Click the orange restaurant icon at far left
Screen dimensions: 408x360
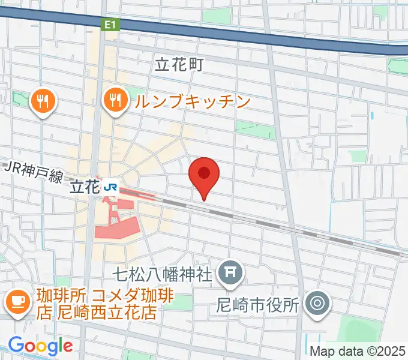tap(43, 101)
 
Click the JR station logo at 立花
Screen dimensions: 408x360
tap(110, 187)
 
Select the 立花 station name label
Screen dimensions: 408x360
tap(84, 187)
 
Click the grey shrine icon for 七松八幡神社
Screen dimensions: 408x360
tap(230, 274)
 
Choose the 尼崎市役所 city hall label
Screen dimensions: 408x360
tap(257, 305)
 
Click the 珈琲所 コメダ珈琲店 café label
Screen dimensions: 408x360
tap(96, 304)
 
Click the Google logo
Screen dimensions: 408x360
tap(40, 346)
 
